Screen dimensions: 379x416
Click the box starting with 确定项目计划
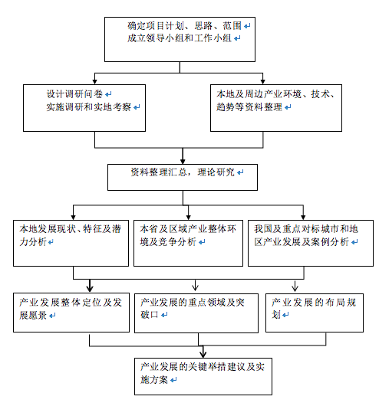coord(180,40)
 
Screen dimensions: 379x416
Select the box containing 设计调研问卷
coord(84,108)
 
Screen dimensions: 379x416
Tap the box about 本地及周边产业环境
coord(276,108)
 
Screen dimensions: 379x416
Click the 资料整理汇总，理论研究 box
coord(183,177)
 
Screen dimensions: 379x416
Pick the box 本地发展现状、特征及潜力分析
coord(71,243)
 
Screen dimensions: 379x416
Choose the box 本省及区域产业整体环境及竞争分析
coord(188,243)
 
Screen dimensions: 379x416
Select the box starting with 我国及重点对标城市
coord(311,243)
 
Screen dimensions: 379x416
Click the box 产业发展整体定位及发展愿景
coord(71,313)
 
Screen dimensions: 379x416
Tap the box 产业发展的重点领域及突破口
coord(196,313)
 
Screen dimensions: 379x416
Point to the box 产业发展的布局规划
coord(315,313)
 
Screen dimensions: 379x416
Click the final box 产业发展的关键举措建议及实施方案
coord(203,376)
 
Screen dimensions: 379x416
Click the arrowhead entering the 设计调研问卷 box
coord(95,82)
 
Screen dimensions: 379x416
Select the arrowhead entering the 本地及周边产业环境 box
coord(262,82)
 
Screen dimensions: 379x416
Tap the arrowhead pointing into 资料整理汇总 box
coord(183,162)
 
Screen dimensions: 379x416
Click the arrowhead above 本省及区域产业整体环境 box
coord(188,218)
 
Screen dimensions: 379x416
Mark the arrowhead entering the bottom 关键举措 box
coord(203,355)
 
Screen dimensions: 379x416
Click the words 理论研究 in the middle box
coord(216,172)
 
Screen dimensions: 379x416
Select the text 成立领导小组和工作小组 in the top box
coord(180,38)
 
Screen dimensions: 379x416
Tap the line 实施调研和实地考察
coord(88,107)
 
